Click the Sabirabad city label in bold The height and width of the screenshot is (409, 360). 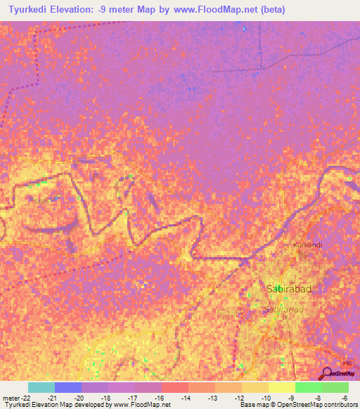pyautogui.click(x=285, y=289)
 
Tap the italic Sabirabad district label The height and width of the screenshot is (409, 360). pyautogui.click(x=283, y=309)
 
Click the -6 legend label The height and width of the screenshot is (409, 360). pyautogui.click(x=345, y=398)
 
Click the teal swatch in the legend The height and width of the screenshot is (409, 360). pyautogui.click(x=41, y=387)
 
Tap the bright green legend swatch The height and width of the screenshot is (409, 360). pyautogui.click(x=308, y=387)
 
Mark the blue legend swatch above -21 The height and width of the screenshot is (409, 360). pyautogui.click(x=68, y=387)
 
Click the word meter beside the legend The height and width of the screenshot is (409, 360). pyautogui.click(x=10, y=398)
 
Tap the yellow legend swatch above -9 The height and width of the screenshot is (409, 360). pyautogui.click(x=281, y=387)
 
